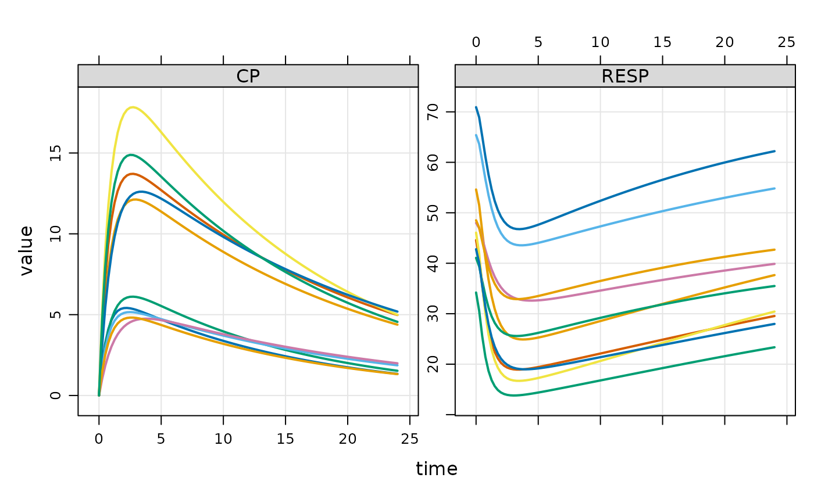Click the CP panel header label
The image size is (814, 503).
coord(248,77)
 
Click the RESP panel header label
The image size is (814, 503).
coord(625,77)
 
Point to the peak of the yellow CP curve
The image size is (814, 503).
coord(133,107)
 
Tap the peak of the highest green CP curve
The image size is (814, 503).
coord(131,155)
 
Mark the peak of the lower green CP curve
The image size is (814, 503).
coord(133,296)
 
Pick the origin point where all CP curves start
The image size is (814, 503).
coord(99,394)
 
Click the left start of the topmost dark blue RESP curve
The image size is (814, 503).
coord(476,107)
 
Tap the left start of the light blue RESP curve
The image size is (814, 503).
coord(476,135)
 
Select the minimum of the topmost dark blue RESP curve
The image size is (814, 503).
coord(520,229)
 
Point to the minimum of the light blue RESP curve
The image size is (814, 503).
coord(522,245)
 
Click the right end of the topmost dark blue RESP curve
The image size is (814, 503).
coord(774,151)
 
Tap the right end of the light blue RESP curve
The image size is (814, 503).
coord(774,188)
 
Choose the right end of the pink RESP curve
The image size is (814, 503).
coord(774,264)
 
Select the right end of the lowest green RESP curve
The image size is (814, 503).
coord(774,347)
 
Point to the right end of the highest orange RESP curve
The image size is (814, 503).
coord(774,250)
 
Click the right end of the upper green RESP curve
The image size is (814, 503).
coord(774,286)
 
